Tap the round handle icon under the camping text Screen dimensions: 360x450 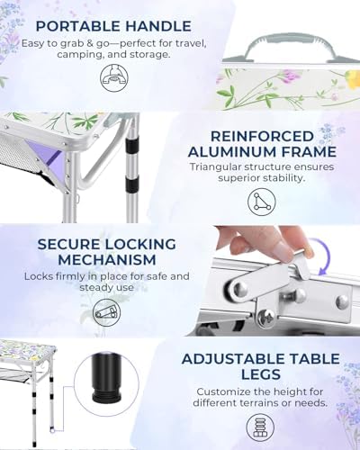click(x=114, y=77)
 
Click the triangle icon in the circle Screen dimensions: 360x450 click(x=262, y=202)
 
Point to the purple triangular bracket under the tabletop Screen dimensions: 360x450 click(x=43, y=154)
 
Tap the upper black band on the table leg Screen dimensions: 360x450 click(x=132, y=145)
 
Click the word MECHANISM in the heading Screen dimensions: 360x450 click(x=107, y=260)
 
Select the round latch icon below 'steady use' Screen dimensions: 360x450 click(x=106, y=313)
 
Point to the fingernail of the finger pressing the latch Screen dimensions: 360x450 click(x=283, y=249)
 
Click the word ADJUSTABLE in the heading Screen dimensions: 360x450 click(x=229, y=359)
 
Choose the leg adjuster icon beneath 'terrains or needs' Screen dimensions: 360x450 click(x=260, y=427)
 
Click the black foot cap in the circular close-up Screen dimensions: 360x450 click(x=107, y=380)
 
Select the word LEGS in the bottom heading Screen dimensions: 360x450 click(x=261, y=374)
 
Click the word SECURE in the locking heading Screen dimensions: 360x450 click(x=68, y=245)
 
